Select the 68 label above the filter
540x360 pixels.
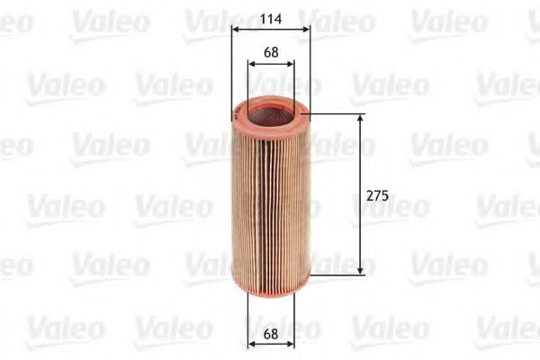[271, 51]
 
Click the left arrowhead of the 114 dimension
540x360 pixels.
[235, 29]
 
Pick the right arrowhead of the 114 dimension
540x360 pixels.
[307, 29]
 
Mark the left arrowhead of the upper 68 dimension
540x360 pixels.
[251, 64]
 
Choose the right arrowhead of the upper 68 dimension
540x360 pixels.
[290, 64]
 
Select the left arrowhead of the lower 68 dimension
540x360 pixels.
[251, 343]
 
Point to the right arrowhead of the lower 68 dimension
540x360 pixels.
[290, 343]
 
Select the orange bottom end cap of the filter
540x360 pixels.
[271, 283]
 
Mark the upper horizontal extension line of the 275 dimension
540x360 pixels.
[337, 114]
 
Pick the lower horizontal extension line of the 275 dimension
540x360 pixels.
[337, 273]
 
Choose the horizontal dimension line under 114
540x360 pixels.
[271, 29]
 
